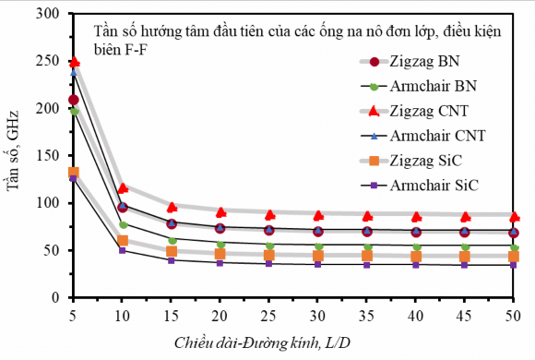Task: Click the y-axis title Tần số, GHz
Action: click(16, 157)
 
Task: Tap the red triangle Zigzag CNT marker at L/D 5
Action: click(74, 62)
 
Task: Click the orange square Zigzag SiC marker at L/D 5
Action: click(74, 172)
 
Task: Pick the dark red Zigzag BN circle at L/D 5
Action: click(74, 100)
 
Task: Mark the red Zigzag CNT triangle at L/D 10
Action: click(123, 187)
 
